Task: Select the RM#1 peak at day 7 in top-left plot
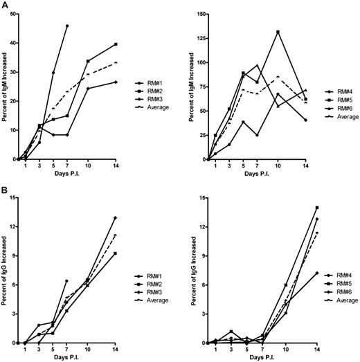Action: (67, 26)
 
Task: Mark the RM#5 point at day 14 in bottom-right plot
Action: (317, 208)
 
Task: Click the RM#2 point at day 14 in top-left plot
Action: (135, 44)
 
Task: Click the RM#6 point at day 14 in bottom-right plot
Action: (317, 273)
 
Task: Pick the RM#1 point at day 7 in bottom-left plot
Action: (67, 281)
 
